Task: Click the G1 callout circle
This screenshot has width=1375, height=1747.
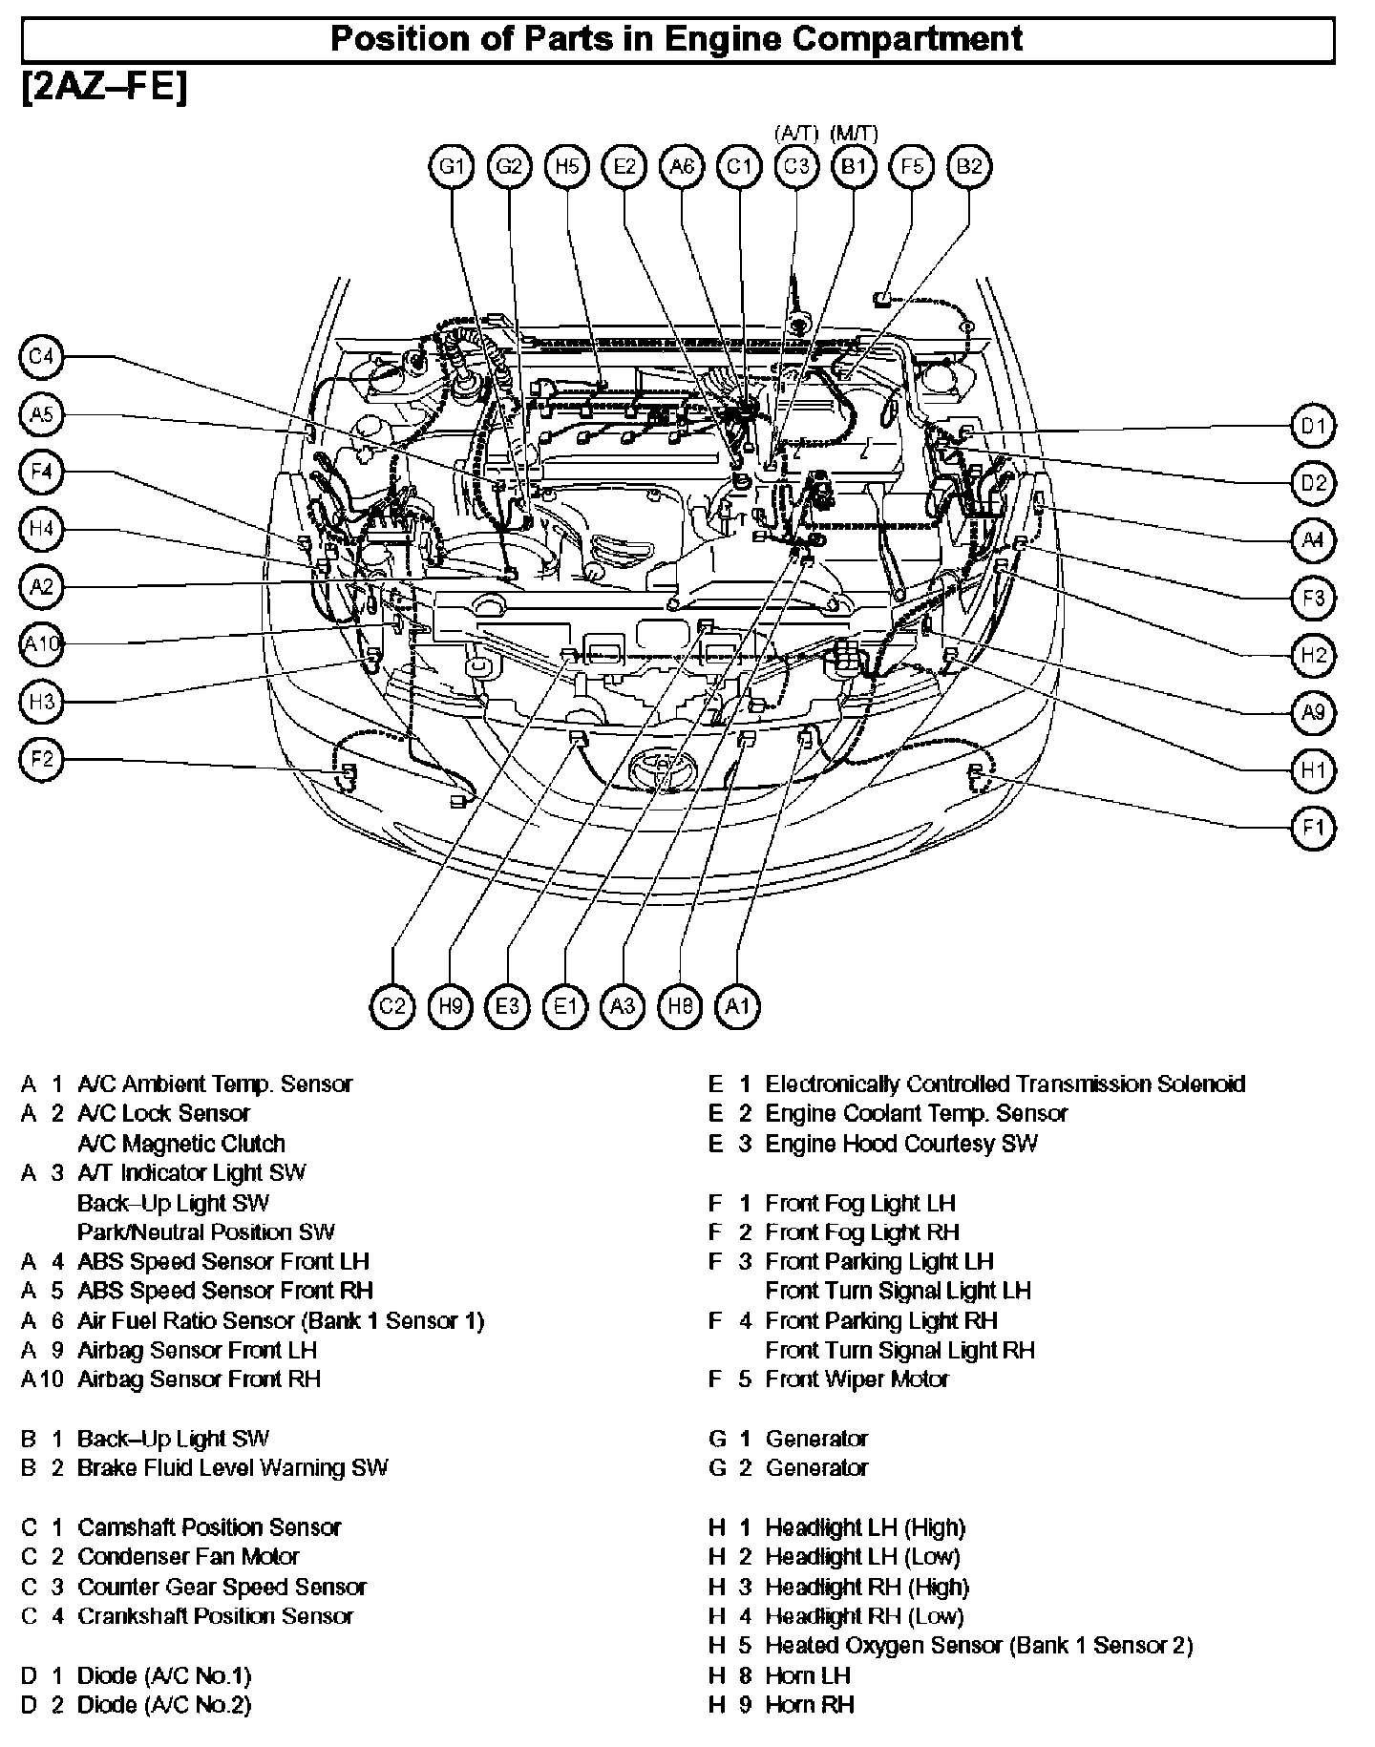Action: [452, 167]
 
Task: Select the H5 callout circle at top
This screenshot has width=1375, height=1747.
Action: [566, 167]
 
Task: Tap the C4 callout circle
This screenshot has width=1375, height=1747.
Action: [41, 358]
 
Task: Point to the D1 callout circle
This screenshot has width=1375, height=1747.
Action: [1314, 426]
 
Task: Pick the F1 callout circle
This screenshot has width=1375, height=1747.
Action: [1314, 828]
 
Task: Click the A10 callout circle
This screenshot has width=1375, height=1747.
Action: [41, 644]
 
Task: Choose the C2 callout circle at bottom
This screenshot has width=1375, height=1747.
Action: [392, 1006]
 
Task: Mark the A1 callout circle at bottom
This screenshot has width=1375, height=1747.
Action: [737, 1006]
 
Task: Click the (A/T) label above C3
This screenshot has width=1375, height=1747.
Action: [793, 134]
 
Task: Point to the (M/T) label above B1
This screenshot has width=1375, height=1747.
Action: [855, 134]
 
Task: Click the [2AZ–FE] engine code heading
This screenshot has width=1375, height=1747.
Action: [103, 88]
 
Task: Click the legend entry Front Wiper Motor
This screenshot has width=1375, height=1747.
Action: [857, 1379]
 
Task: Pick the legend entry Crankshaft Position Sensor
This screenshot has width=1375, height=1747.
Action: [215, 1616]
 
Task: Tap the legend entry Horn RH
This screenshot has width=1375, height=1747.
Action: [809, 1705]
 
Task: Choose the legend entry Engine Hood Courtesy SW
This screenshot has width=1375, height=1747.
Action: [900, 1144]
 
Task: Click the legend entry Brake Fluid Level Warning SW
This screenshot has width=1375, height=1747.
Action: [232, 1468]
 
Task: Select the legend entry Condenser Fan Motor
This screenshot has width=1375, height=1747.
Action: [188, 1557]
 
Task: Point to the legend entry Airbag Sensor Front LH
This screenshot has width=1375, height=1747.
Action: [197, 1351]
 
